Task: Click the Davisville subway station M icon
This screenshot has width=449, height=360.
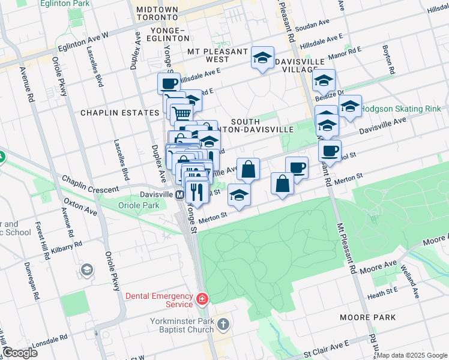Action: pos(179,196)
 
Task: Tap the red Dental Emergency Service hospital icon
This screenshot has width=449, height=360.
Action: pos(203,298)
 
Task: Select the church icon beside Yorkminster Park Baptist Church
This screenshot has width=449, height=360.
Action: pos(223,325)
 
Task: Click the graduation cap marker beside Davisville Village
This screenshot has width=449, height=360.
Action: pos(262,58)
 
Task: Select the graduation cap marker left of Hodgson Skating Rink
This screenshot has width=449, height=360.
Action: pos(350,106)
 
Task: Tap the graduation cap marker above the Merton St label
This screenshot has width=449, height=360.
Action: pos(239,195)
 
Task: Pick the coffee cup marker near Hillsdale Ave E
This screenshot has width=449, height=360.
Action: pos(169,83)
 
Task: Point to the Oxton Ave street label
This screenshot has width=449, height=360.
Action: pos(80,207)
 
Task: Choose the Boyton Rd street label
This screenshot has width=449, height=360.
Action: pos(387,60)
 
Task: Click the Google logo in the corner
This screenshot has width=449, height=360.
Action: pos(20,353)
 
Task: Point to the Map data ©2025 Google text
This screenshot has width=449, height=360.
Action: pos(412,355)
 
